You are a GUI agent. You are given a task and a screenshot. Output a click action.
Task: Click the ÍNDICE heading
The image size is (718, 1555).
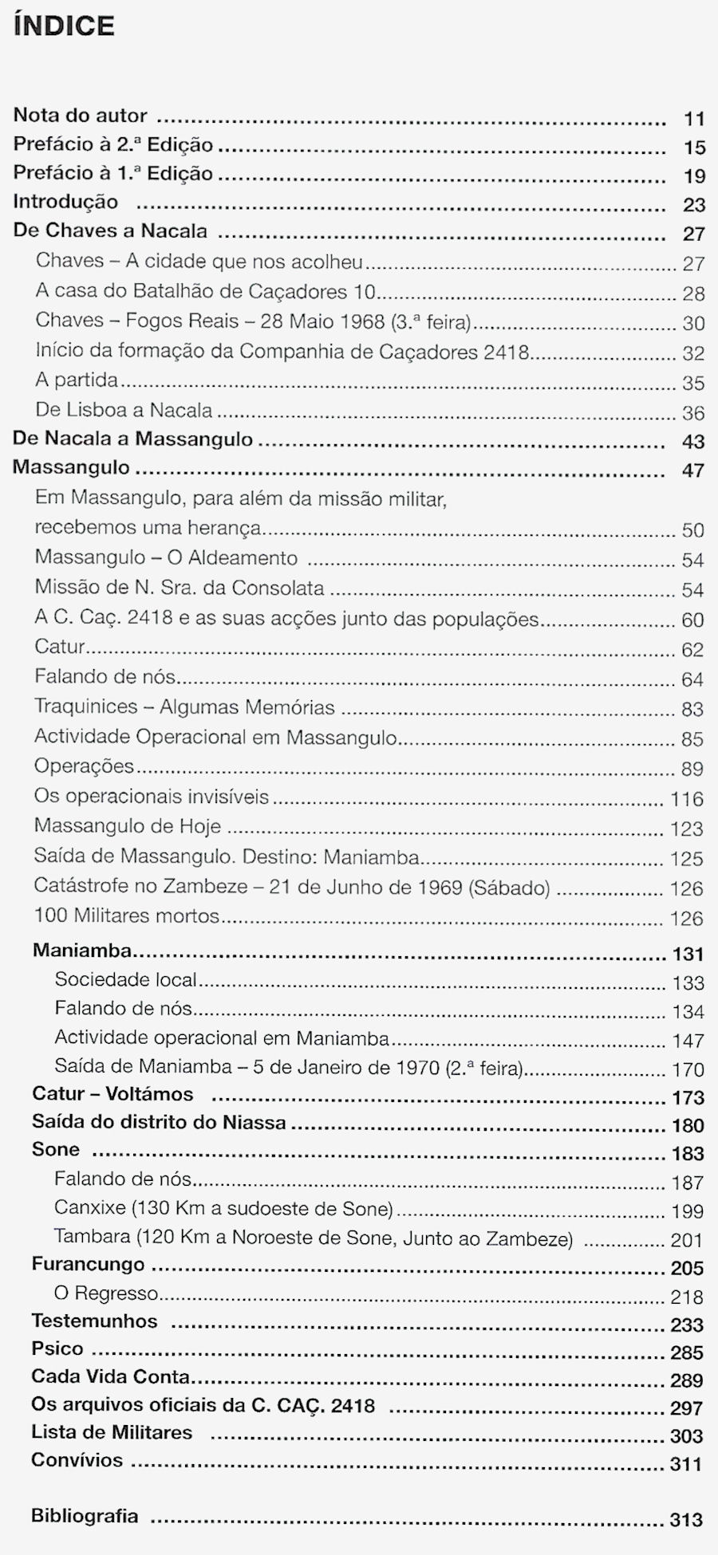click(64, 26)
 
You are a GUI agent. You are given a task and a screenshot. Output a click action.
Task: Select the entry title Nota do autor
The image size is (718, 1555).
click(80, 116)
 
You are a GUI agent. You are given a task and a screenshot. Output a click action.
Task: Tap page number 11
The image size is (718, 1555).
click(694, 120)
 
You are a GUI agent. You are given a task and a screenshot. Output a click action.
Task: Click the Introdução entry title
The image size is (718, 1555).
click(65, 203)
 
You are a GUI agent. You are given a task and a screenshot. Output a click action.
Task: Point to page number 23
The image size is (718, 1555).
click(694, 206)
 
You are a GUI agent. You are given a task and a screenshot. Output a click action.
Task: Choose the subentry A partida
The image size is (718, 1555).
click(77, 380)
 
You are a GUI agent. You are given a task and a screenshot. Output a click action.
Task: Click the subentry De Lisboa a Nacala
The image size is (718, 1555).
click(124, 411)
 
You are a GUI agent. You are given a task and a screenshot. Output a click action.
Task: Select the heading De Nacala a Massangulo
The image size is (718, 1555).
click(132, 439)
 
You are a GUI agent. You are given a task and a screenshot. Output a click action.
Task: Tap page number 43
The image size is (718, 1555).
click(693, 442)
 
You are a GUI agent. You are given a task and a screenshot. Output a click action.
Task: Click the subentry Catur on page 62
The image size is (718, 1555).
click(60, 647)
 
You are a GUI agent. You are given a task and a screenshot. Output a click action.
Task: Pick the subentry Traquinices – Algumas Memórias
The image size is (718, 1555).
click(184, 707)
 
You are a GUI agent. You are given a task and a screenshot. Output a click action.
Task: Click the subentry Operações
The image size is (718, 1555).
click(84, 766)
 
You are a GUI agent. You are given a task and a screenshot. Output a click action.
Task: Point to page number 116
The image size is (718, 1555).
click(687, 800)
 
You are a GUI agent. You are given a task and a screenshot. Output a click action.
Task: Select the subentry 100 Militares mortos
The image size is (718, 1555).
click(126, 916)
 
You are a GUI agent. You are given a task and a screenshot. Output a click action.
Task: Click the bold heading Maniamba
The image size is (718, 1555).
click(81, 951)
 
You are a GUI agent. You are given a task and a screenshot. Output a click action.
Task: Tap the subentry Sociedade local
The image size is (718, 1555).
click(125, 980)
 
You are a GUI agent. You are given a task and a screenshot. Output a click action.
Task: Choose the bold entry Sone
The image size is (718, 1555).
click(56, 1150)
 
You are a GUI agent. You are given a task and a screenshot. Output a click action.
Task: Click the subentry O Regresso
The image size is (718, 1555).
click(106, 1293)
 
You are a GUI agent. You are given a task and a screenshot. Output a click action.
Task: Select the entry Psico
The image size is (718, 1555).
click(57, 1349)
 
